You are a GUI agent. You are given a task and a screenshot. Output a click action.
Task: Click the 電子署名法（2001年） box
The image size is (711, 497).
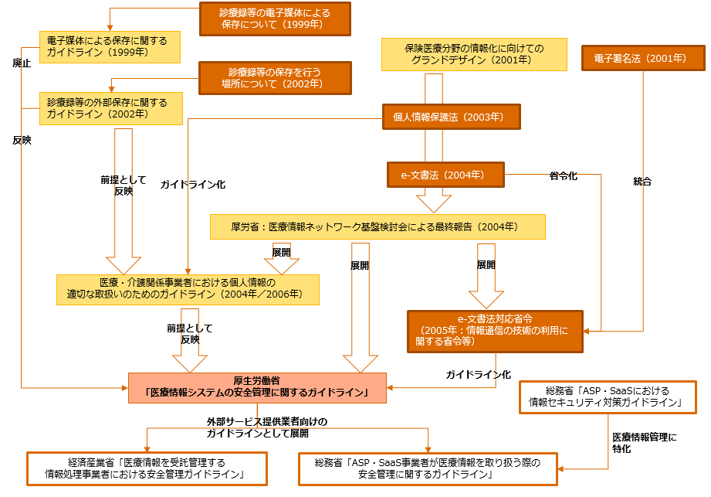click(642, 58)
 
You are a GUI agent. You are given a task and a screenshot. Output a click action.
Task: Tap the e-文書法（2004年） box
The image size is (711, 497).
click(445, 175)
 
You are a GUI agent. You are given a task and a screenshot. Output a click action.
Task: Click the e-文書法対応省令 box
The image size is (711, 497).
click(495, 330)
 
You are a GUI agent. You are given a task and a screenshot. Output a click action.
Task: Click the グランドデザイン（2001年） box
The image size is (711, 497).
click(473, 54)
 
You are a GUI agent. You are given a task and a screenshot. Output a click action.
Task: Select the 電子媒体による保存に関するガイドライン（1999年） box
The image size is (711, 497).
click(110, 47)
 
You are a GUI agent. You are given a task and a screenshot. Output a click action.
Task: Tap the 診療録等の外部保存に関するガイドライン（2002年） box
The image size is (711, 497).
click(111, 107)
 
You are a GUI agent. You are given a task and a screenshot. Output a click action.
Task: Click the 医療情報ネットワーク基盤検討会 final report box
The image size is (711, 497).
click(378, 226)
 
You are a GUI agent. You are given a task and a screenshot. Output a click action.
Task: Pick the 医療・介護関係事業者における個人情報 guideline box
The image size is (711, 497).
click(188, 288)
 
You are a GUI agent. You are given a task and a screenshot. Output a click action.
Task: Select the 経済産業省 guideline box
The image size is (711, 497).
click(147, 468)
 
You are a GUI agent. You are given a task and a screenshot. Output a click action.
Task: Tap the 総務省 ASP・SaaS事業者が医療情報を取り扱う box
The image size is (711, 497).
click(428, 468)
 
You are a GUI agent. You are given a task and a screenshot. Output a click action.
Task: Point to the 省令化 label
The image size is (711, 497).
click(563, 176)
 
